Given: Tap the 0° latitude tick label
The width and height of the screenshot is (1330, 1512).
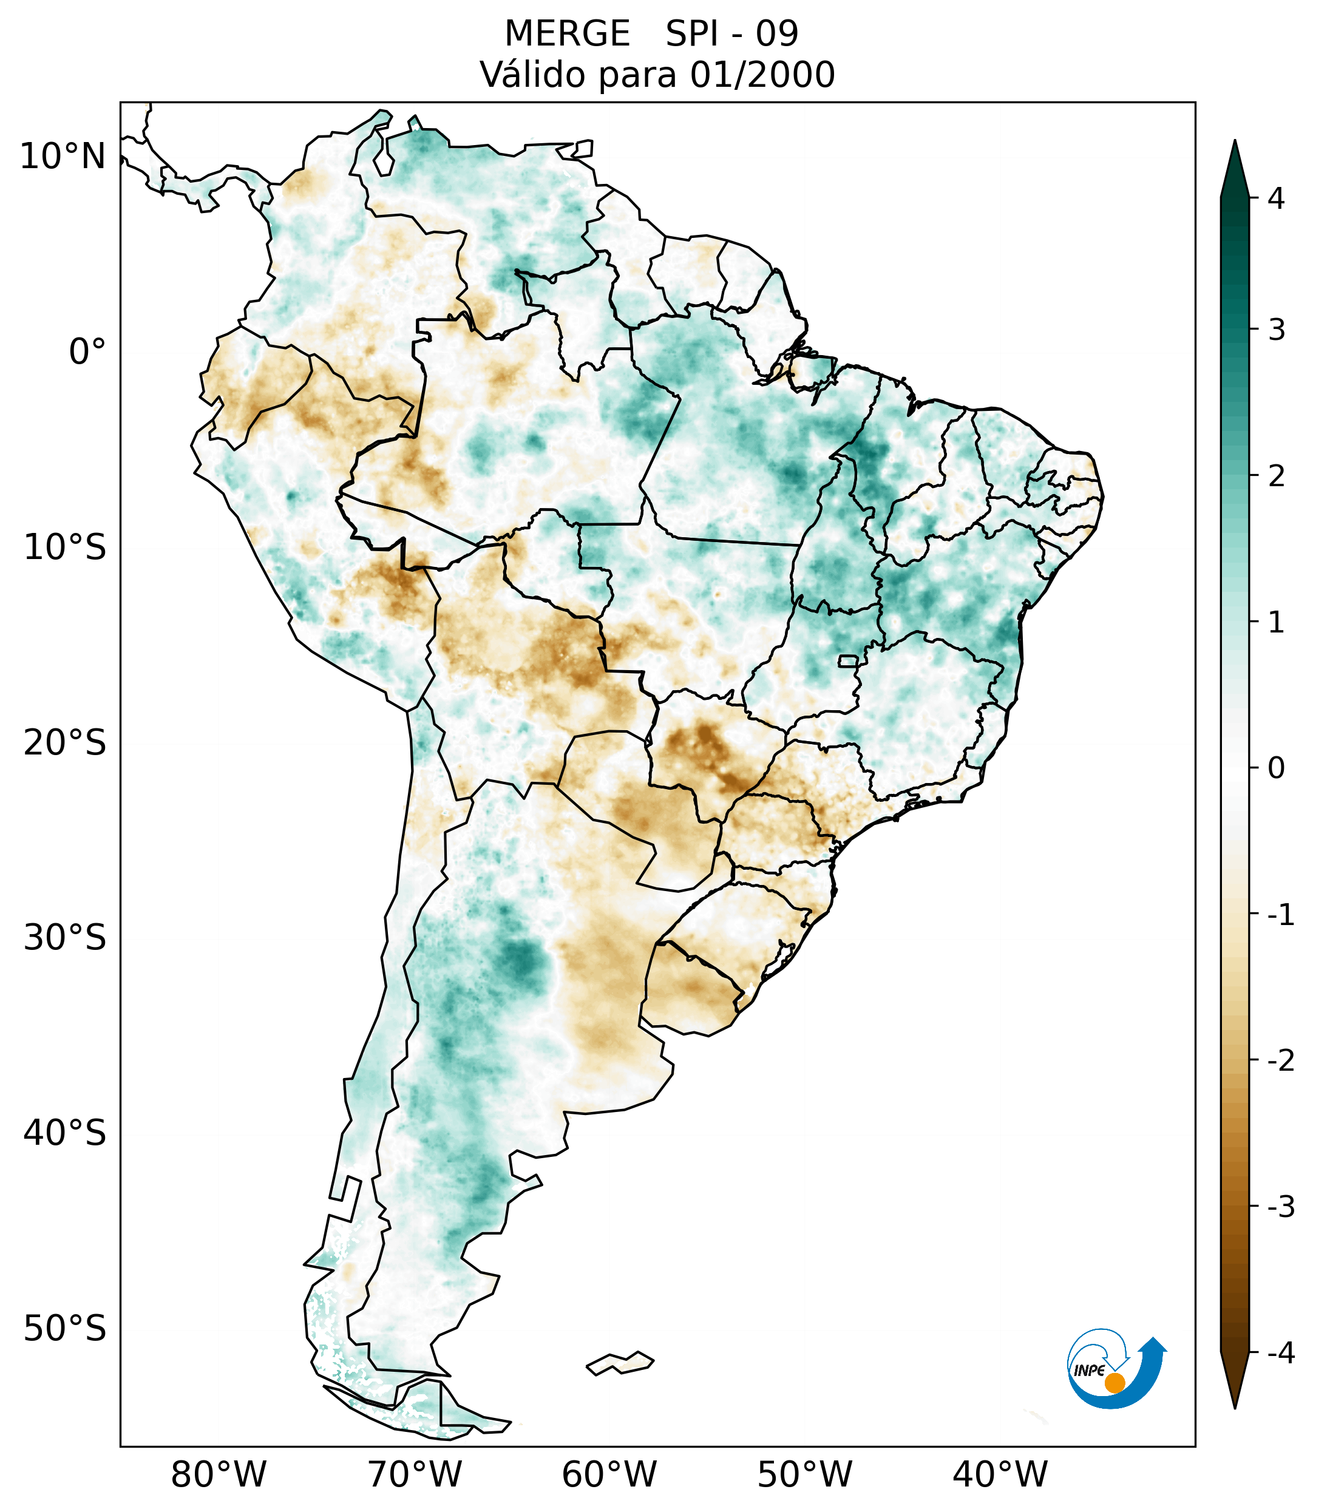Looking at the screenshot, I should coord(87,352).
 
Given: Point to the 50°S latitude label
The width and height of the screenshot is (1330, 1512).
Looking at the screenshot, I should coord(64,1329).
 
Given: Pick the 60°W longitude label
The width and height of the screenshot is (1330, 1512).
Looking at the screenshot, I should coord(609,1474).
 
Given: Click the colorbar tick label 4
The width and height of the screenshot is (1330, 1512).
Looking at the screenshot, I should coord(1276,198).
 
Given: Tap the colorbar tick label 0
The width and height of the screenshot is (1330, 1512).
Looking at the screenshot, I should coord(1276,768).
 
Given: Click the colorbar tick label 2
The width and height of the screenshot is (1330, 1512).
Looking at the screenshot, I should coord(1276,476).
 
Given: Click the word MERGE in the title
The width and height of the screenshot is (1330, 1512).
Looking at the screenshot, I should coord(568,34).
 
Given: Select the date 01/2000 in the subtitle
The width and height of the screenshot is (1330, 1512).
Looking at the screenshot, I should coord(762,75).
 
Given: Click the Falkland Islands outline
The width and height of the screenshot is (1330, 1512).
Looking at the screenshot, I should coord(620,1363).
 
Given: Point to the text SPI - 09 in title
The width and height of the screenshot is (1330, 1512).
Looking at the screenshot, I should coord(731,34).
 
